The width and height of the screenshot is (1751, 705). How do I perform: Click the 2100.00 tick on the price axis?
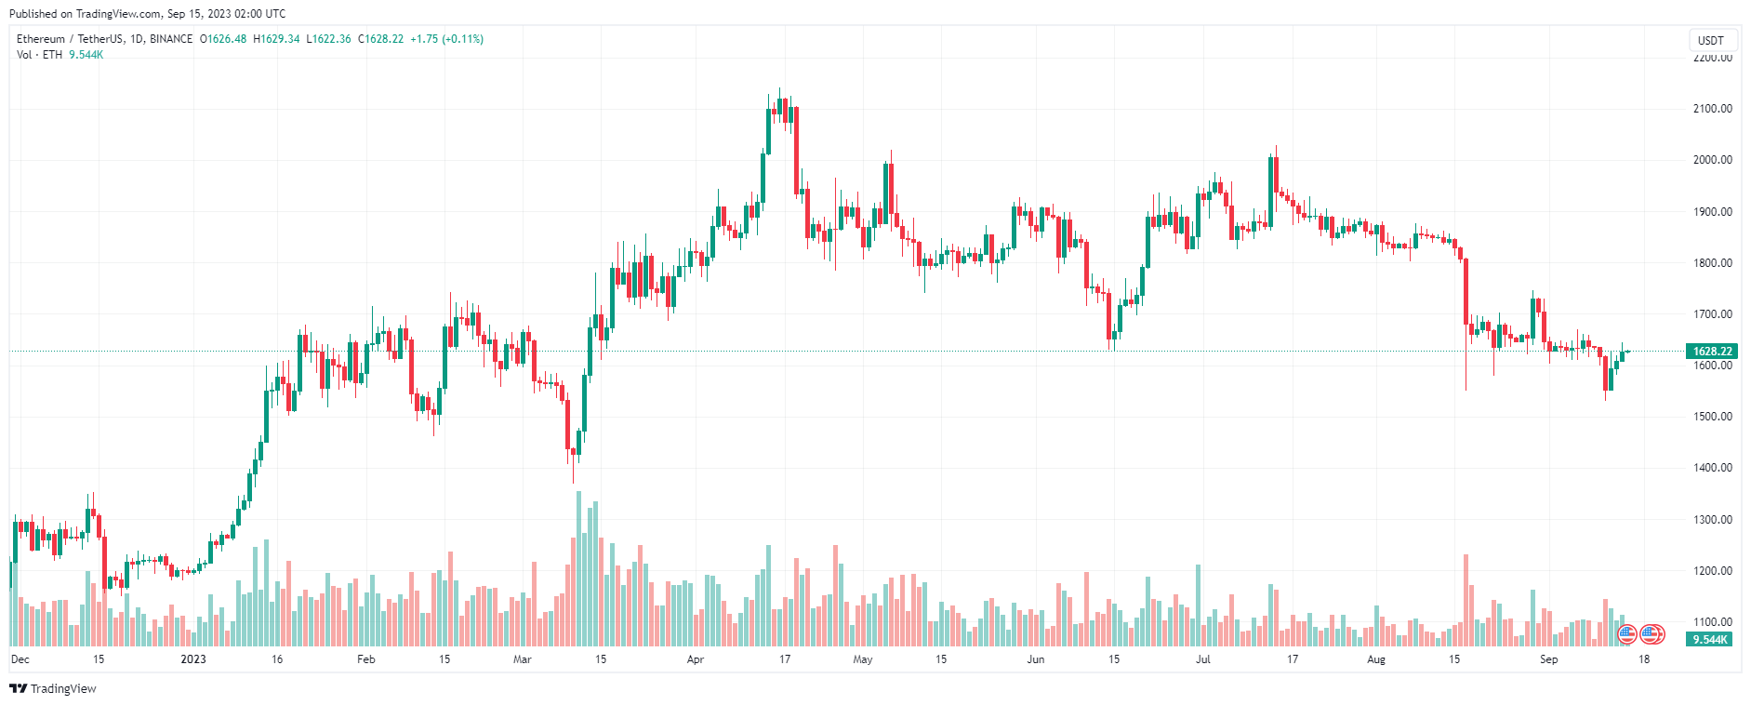(x=1712, y=109)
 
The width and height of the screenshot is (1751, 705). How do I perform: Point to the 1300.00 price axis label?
(x=1712, y=520)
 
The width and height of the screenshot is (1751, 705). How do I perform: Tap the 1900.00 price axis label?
(x=1712, y=212)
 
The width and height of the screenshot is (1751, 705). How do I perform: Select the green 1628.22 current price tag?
(x=1711, y=352)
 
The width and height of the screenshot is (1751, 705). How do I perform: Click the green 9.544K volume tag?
(x=1710, y=640)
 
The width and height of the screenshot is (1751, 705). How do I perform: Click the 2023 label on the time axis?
(x=193, y=659)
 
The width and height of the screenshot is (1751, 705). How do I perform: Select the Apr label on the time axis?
(x=696, y=659)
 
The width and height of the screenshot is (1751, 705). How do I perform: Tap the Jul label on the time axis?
(x=1203, y=659)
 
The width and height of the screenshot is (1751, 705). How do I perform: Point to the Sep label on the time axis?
(x=1548, y=659)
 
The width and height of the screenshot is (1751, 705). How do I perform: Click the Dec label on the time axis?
(x=20, y=659)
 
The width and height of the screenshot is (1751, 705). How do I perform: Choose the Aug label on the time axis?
(x=1376, y=659)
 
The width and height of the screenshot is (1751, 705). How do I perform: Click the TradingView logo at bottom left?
(x=53, y=688)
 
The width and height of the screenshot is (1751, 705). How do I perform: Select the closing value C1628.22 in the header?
(x=381, y=39)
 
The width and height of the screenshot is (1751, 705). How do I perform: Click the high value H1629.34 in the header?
(x=276, y=39)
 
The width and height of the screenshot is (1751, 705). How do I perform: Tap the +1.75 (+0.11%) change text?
(x=447, y=39)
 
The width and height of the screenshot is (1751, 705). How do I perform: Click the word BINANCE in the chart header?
(x=171, y=39)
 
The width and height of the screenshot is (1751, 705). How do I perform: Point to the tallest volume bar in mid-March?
(x=578, y=567)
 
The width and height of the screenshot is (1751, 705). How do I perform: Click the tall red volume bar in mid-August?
(x=1466, y=600)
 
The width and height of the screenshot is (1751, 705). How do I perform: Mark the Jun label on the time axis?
(x=1036, y=659)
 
